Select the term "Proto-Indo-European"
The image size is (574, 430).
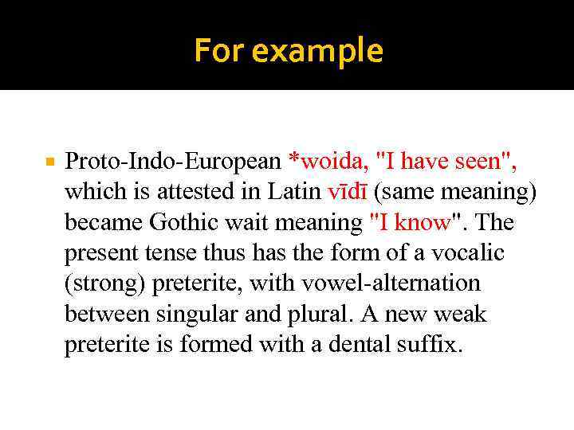click(x=173, y=162)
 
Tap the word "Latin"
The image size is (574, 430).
click(x=294, y=192)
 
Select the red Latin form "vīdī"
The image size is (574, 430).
click(x=345, y=192)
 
